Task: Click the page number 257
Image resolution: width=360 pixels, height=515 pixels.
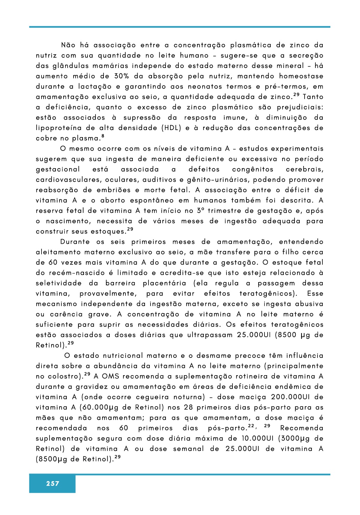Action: coord(52,484)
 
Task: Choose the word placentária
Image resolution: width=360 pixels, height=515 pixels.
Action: coord(164,283)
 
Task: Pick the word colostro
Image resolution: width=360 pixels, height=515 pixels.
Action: coord(64,377)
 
